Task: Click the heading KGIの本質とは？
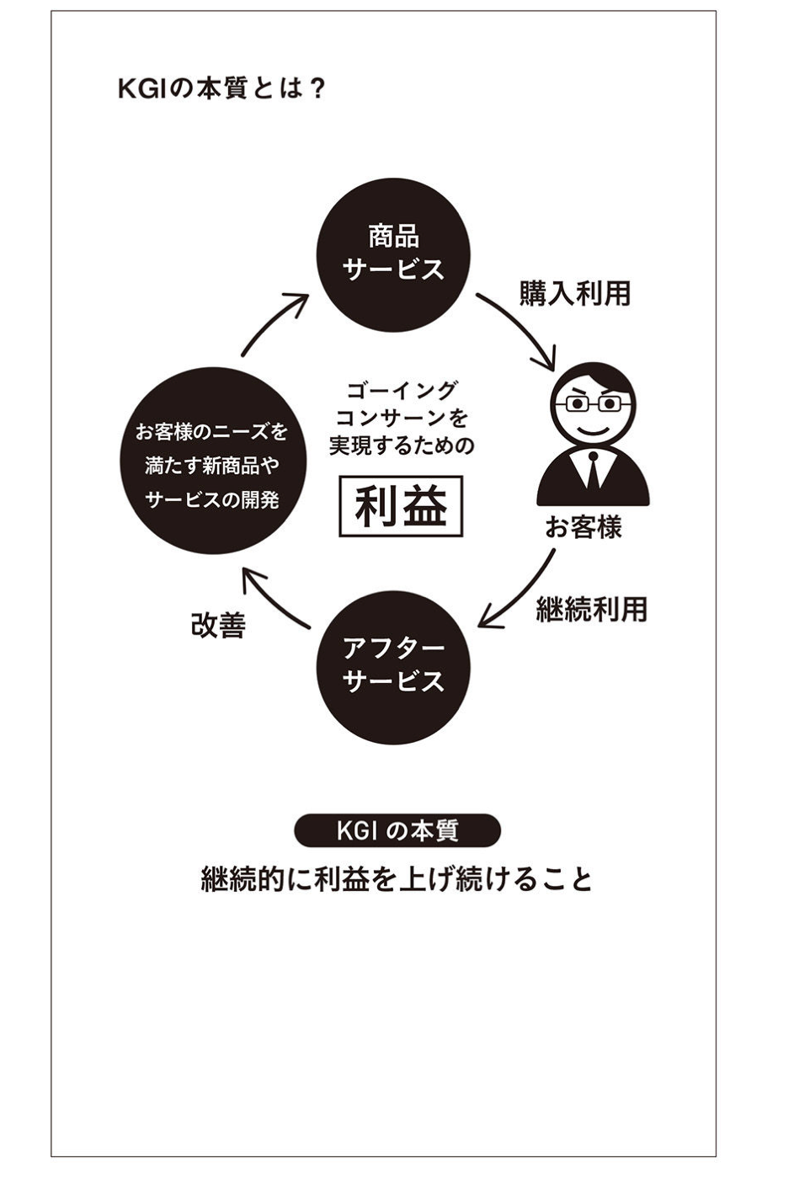tap(221, 88)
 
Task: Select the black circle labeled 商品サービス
tap(393, 254)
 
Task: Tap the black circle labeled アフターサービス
tap(393, 665)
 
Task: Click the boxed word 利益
tap(401, 507)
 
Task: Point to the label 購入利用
tap(575, 294)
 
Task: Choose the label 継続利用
tap(592, 609)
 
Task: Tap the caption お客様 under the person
tap(584, 528)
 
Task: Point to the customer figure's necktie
tap(594, 469)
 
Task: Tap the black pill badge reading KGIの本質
tap(397, 831)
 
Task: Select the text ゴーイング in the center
tap(402, 390)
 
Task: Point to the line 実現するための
tap(402, 445)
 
